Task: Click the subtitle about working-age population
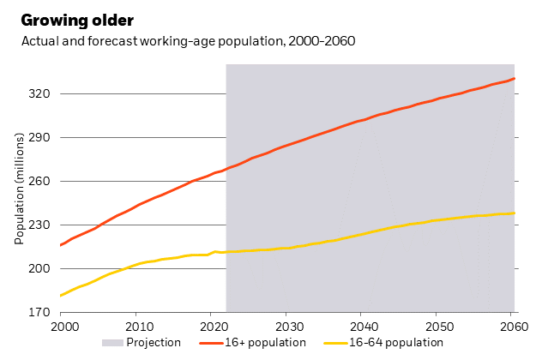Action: click(x=188, y=41)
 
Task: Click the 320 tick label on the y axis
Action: click(x=41, y=93)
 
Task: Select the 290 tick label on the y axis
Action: click(x=41, y=137)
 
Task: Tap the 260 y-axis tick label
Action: click(x=41, y=181)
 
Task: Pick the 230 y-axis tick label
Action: click(x=41, y=225)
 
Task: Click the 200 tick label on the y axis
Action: click(x=41, y=268)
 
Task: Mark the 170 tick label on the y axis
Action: click(x=41, y=312)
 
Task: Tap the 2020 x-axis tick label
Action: click(x=213, y=327)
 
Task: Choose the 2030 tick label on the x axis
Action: click(x=288, y=327)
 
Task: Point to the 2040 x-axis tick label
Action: click(x=364, y=327)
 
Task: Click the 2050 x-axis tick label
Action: click(x=439, y=327)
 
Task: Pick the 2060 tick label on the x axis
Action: click(x=513, y=327)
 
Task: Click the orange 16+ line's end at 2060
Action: click(x=515, y=79)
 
